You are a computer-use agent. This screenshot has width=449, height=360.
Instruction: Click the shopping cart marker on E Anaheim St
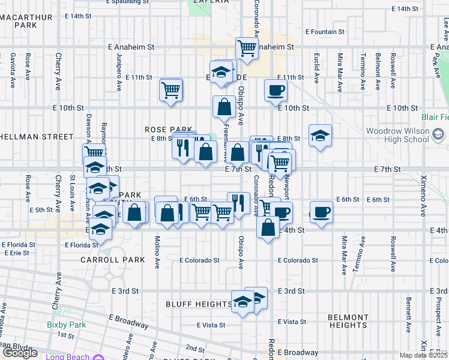[x=247, y=49]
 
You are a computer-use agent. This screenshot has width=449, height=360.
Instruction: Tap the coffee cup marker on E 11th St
[x=276, y=91]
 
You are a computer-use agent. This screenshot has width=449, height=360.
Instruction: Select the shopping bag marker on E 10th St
[x=224, y=107]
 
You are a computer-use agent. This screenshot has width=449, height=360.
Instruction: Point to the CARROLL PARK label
[x=113, y=260]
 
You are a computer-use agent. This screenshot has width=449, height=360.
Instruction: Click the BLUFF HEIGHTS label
[x=198, y=304]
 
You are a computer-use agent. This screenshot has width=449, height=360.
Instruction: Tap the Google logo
[x=20, y=353]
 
